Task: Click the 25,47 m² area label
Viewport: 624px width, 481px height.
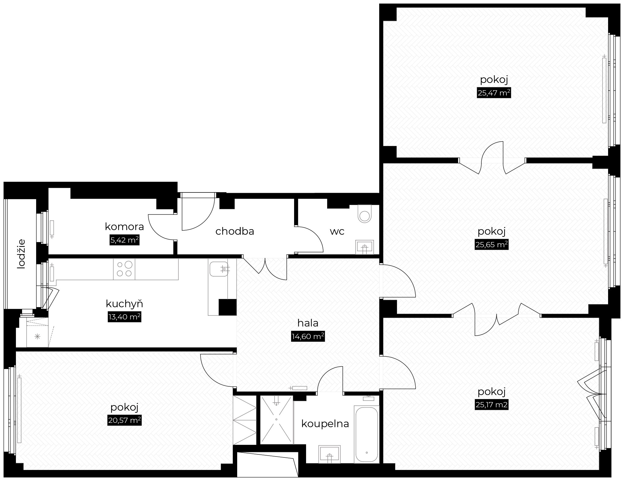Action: (494, 93)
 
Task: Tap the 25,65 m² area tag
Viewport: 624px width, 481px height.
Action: (491, 245)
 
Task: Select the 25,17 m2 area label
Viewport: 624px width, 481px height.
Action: (491, 405)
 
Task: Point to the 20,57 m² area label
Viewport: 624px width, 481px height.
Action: (125, 421)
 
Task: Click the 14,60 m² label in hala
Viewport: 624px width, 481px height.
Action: (308, 337)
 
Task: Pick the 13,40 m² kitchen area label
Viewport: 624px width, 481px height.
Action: (125, 317)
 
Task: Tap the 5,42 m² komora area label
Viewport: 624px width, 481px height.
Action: (125, 240)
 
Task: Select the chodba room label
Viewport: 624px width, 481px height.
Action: (235, 231)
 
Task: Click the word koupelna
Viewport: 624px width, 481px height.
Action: (325, 424)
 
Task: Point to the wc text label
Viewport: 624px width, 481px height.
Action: (337, 231)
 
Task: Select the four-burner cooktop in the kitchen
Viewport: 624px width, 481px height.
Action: (124, 269)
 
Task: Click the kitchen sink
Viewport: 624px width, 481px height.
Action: (219, 269)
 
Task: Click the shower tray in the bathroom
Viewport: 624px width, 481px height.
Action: (276, 419)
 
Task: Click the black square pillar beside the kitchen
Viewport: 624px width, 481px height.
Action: (227, 307)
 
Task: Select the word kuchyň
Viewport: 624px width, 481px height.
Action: (125, 304)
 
